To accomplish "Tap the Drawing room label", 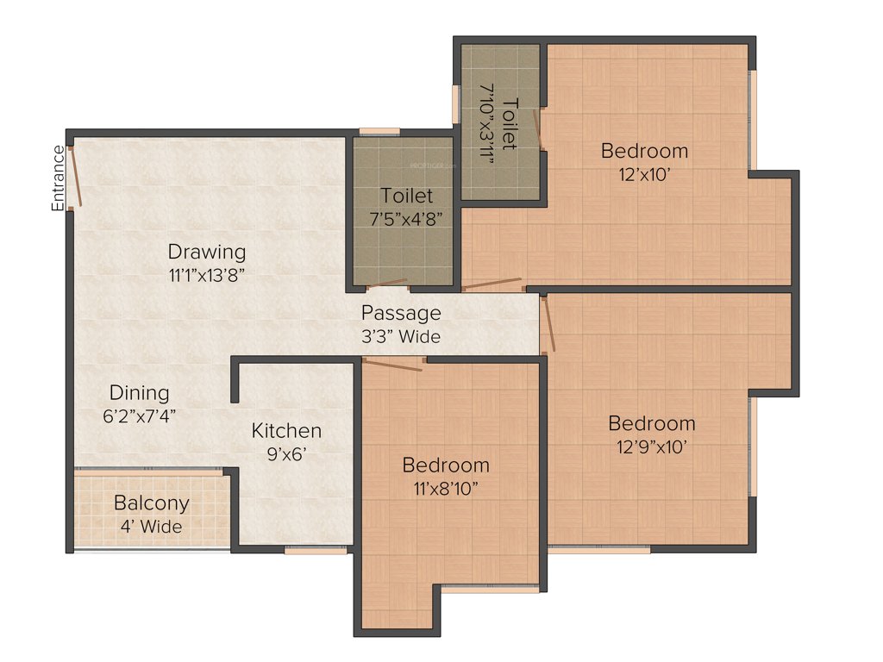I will (x=207, y=252).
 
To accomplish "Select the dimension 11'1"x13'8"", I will (x=207, y=275).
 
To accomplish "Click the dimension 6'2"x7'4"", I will (x=145, y=415).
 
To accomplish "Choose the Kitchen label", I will (x=286, y=430).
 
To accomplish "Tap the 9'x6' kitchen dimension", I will (x=286, y=453).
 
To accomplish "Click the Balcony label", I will (x=152, y=503).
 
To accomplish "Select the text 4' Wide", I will (x=152, y=526).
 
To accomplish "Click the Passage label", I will (x=401, y=313).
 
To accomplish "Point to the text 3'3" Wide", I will (x=401, y=336).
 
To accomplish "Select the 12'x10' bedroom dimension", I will (x=645, y=173).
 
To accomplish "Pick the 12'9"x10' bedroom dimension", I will (x=652, y=446).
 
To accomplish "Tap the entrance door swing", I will (x=75, y=178).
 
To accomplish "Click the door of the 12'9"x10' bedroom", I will (x=548, y=323).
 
